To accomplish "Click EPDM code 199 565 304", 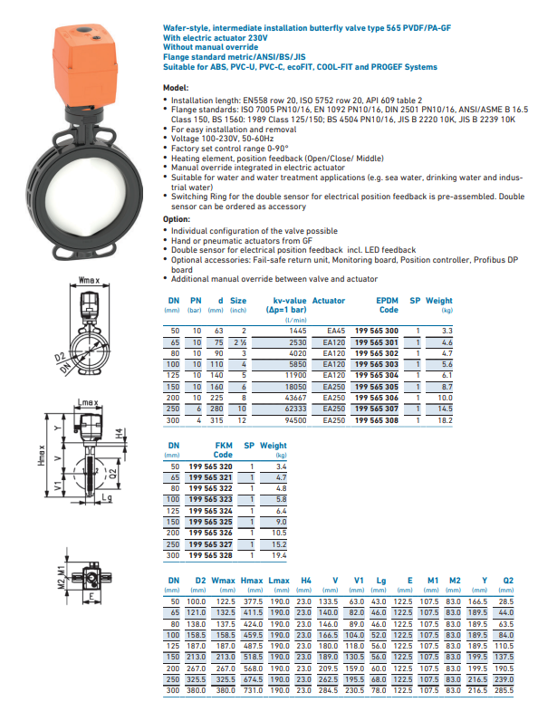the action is (x=377, y=375).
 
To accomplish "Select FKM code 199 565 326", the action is (x=210, y=533).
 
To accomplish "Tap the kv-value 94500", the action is (x=295, y=420).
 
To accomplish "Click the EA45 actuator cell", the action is (x=336, y=331).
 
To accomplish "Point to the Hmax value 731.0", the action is (x=253, y=690).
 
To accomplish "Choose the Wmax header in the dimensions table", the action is (x=224, y=581).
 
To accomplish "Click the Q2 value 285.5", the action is (x=504, y=690).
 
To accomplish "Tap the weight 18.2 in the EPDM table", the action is (x=445, y=420).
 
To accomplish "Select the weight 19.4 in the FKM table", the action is (x=279, y=555).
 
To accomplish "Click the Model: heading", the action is (x=176, y=88).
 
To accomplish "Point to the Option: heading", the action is (x=177, y=219).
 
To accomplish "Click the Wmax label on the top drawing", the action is (x=89, y=280).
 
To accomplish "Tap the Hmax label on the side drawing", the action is (x=41, y=456).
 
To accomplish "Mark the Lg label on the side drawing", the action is (x=107, y=497).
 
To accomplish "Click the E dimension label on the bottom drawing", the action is (x=91, y=596).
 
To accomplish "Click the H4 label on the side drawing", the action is (x=119, y=433).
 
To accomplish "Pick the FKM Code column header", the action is (x=223, y=450).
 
